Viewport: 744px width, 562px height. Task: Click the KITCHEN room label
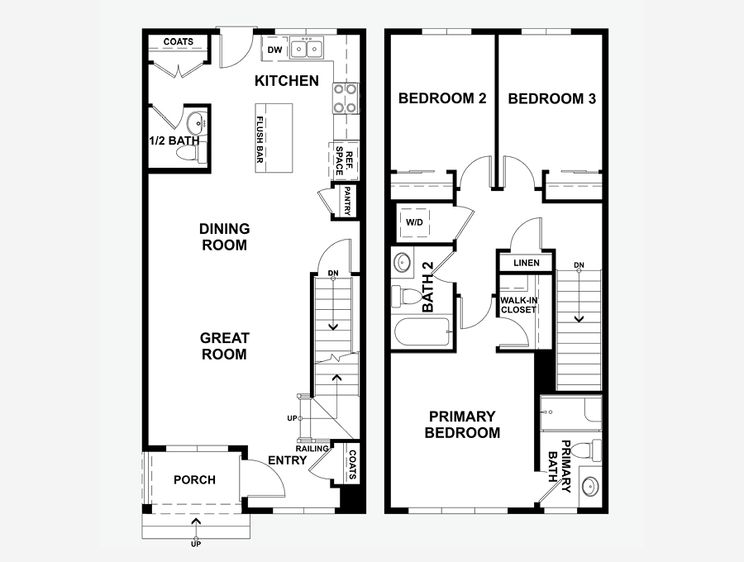287,81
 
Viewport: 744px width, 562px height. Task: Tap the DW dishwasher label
274,50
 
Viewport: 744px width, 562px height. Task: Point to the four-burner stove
346,98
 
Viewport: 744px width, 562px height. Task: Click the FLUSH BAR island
274,138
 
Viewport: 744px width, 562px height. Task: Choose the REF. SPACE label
345,161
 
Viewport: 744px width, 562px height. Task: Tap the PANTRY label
347,201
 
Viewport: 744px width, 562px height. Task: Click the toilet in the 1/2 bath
188,153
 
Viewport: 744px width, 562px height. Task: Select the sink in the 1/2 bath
196,123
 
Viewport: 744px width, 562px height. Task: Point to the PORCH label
194,480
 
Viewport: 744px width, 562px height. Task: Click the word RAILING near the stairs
312,449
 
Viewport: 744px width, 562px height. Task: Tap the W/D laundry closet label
414,222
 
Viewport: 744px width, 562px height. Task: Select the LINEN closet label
527,263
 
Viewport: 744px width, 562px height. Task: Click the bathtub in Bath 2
422,332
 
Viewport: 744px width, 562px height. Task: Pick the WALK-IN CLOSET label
518,305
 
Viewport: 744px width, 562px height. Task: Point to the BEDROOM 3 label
552,98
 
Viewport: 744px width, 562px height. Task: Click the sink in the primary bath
589,487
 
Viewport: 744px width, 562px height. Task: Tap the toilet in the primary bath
588,450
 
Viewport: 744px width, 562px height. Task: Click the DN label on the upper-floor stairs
579,264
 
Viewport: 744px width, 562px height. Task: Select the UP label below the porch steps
195,544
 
